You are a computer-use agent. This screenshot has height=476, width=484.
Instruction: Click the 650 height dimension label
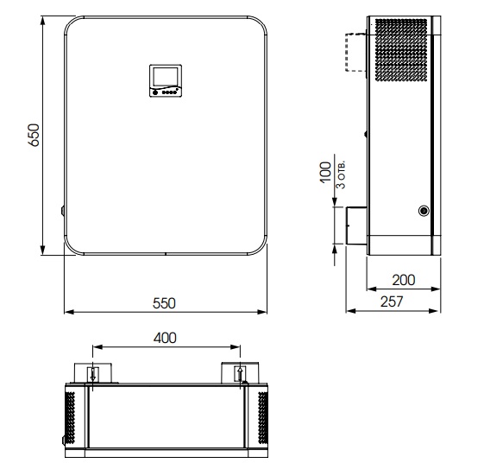pos(34,135)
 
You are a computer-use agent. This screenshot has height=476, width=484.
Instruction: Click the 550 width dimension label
pos(164,303)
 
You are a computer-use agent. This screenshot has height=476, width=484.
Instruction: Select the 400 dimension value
pos(165,338)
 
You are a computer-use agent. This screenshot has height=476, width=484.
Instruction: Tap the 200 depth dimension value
pos(404,280)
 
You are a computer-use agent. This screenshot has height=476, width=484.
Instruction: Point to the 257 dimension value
pos(392,301)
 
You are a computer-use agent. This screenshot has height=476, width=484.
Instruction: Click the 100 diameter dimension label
pos(325,172)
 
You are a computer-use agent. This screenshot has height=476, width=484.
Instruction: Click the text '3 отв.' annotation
pos(341,175)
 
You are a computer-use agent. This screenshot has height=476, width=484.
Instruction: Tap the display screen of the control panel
pos(166,77)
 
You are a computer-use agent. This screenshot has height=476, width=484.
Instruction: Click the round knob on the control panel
pos(155,92)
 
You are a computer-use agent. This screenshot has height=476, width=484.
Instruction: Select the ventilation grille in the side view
pos(401,50)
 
